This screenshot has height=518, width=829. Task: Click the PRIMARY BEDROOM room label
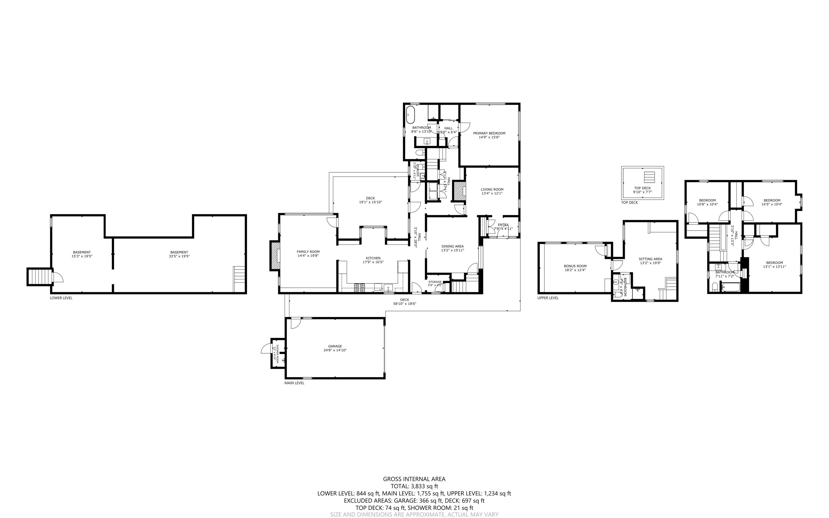tap(489, 133)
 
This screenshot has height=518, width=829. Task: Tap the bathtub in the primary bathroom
tap(410, 115)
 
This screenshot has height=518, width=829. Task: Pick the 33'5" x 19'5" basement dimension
tap(179, 256)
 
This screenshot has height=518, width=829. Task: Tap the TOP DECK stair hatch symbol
tap(649, 177)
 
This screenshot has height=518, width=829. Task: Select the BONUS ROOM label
tap(575, 266)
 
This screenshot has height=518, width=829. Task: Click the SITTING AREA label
tap(650, 259)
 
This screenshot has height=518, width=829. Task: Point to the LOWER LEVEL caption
tap(61, 298)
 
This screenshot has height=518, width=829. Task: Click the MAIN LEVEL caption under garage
tap(294, 383)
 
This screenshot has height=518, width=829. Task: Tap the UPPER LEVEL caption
tap(548, 298)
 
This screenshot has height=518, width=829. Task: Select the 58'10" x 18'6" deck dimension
tap(405, 304)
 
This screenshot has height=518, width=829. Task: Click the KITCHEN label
tap(373, 258)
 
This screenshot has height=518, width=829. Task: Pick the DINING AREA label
tap(452, 246)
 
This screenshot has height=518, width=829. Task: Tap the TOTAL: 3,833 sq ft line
tap(414, 486)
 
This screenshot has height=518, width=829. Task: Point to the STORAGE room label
tap(435, 282)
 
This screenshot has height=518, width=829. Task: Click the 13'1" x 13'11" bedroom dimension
tap(774, 267)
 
